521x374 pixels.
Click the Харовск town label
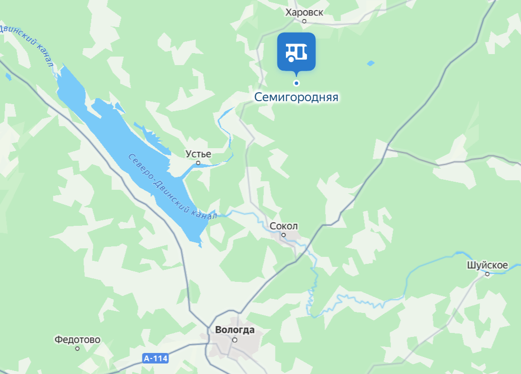(x=304, y=13)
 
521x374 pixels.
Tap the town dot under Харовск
(x=304, y=21)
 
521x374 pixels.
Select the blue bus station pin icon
(x=296, y=52)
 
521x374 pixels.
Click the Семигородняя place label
(x=296, y=97)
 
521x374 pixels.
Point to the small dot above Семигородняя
(x=296, y=83)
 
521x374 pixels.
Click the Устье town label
(x=198, y=154)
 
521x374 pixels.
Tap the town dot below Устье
(x=198, y=163)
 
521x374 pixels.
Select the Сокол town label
(x=283, y=226)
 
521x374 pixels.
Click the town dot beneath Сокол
(x=283, y=234)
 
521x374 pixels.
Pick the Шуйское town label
(x=487, y=265)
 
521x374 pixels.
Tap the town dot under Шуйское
(x=487, y=274)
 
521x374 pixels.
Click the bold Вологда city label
(x=234, y=330)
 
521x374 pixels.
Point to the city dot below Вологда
(x=234, y=339)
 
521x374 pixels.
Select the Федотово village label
(x=77, y=340)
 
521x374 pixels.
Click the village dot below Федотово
(x=77, y=348)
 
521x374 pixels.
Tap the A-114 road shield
(x=155, y=358)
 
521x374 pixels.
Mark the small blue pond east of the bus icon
(x=370, y=63)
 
